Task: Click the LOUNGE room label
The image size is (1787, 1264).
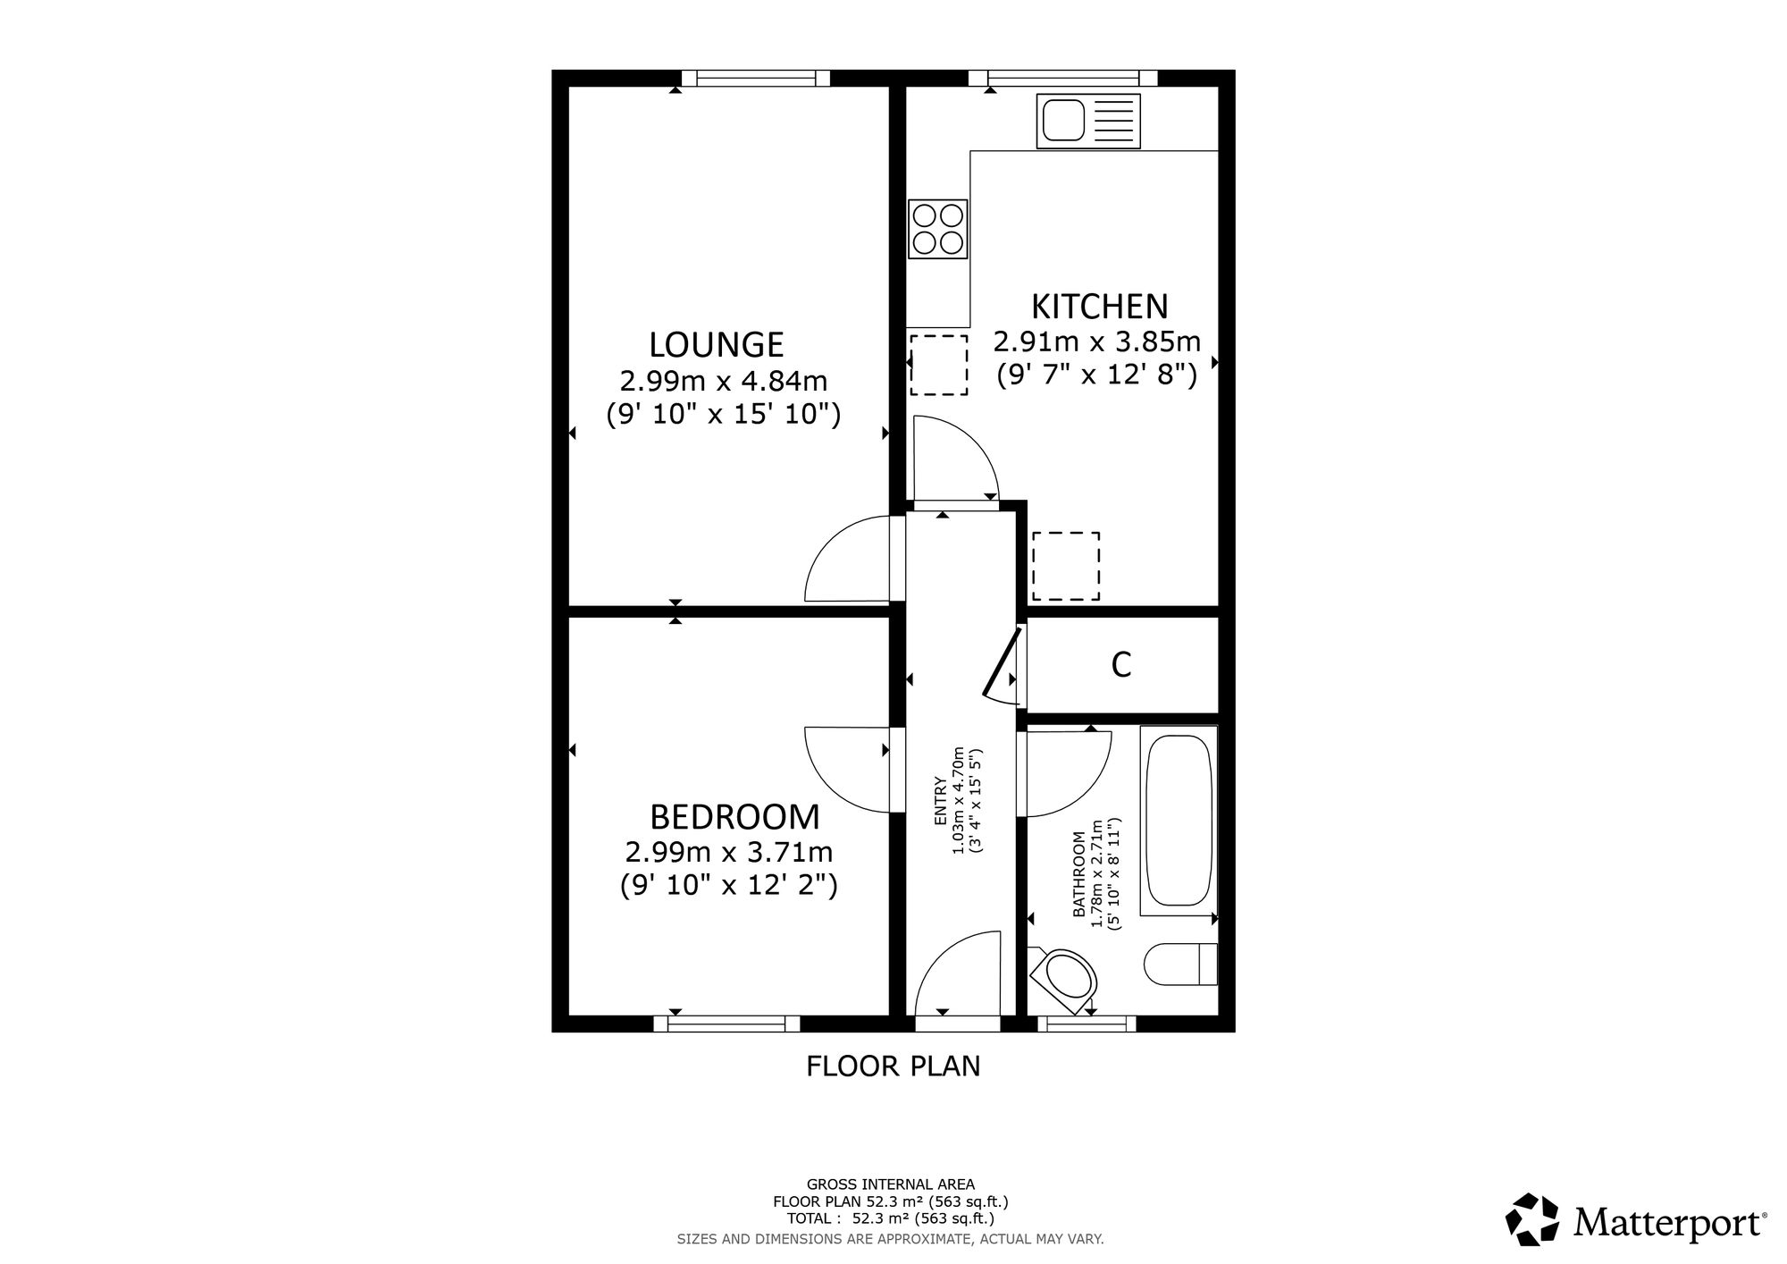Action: (x=717, y=344)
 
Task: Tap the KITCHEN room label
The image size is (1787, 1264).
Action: (x=1099, y=307)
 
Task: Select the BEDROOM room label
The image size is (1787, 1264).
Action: (x=734, y=817)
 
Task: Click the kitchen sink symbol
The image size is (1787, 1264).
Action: (x=1088, y=121)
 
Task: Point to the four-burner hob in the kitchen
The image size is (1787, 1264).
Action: (x=938, y=229)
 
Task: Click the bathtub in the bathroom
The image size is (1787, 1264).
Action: (x=1179, y=821)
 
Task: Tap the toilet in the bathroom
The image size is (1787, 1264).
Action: (x=1180, y=964)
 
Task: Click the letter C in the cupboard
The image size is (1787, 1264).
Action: (x=1121, y=664)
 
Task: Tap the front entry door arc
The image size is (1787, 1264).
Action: (x=938, y=952)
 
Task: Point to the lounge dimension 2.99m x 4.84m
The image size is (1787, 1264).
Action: (x=724, y=382)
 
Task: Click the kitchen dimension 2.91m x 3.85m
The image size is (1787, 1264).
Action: (x=1097, y=342)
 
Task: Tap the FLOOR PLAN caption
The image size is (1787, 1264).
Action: (x=893, y=1066)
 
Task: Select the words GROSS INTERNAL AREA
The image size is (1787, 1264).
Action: (x=891, y=1184)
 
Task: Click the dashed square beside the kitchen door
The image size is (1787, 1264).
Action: (x=938, y=365)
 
